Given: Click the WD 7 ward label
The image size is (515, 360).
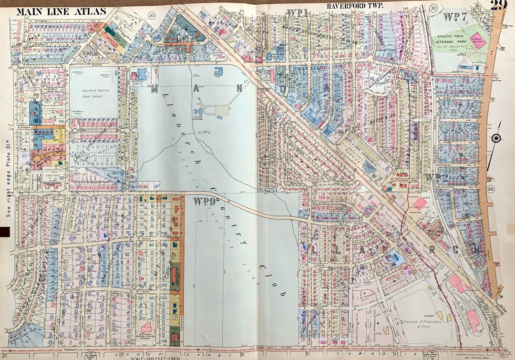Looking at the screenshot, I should tap(456, 17).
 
